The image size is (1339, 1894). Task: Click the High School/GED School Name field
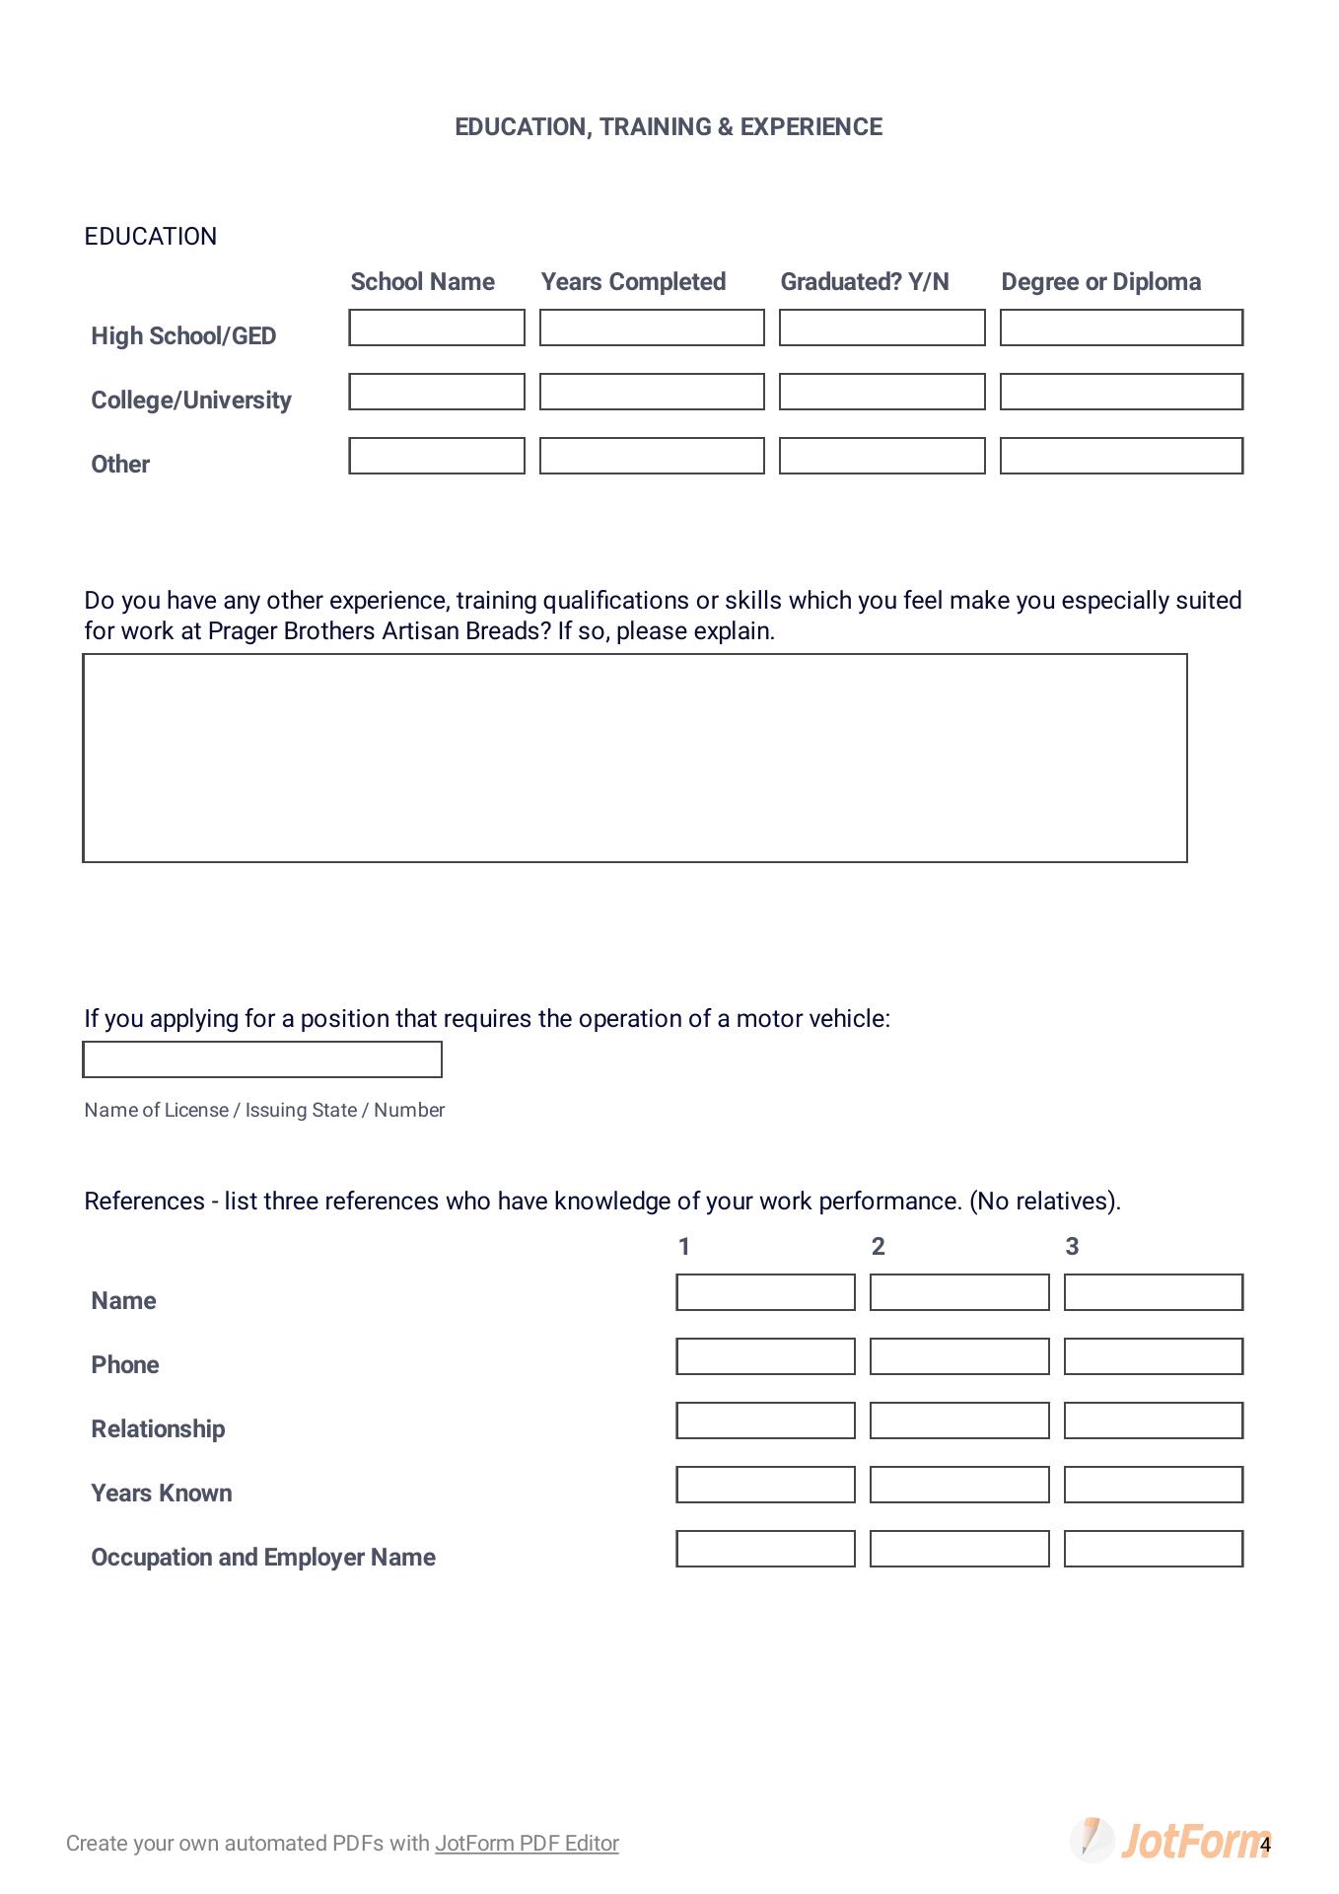pos(437,328)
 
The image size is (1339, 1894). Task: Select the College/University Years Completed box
pos(652,392)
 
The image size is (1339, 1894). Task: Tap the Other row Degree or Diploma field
pos(1121,456)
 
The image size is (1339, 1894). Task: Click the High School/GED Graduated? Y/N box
pos(881,328)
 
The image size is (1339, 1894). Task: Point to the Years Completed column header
pos(633,282)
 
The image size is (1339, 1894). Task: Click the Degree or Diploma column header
pos(1100,282)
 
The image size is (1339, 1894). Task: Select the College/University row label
pos(191,401)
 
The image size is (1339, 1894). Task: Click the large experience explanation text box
pos(635,758)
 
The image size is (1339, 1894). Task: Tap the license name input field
pos(262,1059)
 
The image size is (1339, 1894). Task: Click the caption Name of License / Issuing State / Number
pos(264,1110)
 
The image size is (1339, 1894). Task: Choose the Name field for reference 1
pos(765,1292)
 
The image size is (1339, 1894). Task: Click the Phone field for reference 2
pos(959,1356)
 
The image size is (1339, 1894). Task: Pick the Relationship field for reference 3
pos(1153,1420)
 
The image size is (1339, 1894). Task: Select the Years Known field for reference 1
pos(765,1485)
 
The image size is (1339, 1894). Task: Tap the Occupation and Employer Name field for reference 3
pos(1153,1549)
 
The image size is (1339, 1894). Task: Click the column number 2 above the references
pos(879,1247)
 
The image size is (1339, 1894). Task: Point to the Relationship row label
pos(158,1429)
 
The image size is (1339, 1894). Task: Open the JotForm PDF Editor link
pos(527,1844)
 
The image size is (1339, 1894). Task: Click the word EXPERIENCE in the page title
pos(810,127)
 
